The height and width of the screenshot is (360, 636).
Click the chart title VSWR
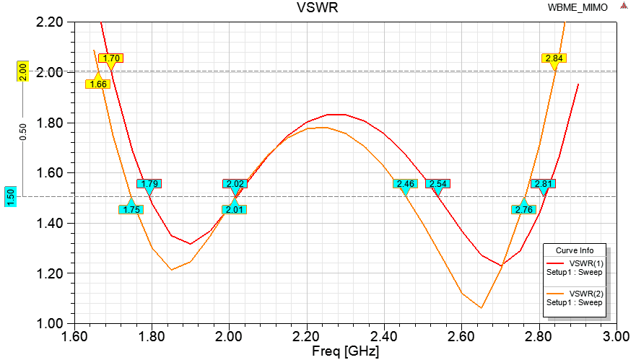[318, 8]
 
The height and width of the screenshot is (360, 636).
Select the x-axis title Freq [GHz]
[346, 352]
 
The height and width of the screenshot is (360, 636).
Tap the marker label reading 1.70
[111, 58]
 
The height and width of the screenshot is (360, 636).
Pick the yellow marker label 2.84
[554, 58]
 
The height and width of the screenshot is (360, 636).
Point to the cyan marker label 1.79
[149, 184]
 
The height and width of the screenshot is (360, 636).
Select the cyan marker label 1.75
[131, 210]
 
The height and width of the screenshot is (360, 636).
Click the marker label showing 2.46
[405, 184]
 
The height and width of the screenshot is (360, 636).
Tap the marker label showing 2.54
[437, 184]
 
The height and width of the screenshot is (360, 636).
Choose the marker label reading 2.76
[524, 210]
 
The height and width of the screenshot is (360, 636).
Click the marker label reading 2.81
[543, 184]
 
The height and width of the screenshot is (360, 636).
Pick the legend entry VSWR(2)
[585, 294]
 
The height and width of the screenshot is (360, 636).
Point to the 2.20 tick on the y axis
[53, 22]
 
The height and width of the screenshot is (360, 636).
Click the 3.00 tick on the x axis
[616, 337]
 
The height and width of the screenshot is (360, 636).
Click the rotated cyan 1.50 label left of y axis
[11, 196]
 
